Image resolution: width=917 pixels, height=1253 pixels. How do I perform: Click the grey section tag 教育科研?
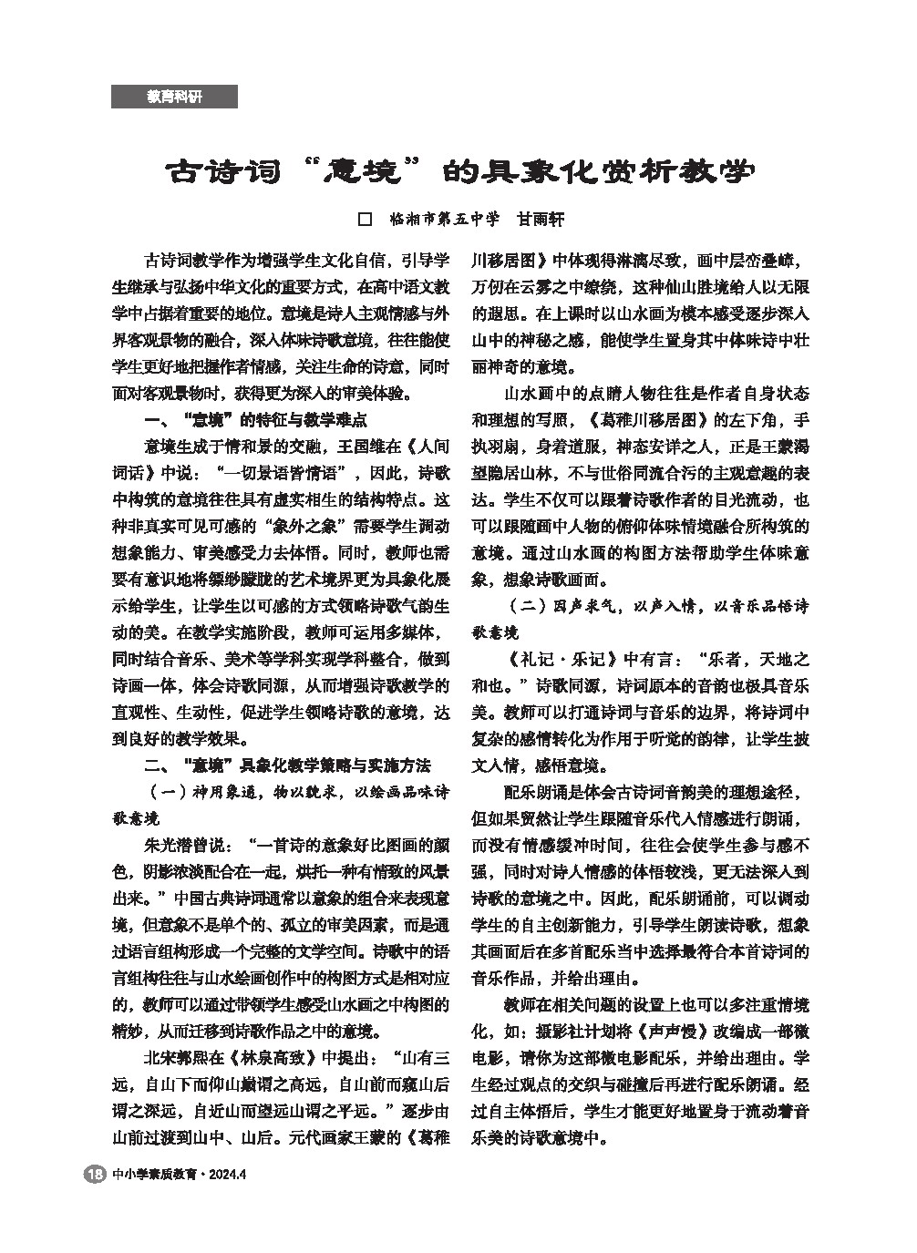(x=174, y=97)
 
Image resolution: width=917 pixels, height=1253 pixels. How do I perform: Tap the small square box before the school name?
(x=366, y=220)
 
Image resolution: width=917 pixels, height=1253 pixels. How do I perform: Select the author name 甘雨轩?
(x=541, y=220)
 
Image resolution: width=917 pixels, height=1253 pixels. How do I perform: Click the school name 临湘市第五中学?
(x=445, y=220)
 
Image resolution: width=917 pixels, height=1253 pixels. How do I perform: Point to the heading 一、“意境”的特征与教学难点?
(x=256, y=421)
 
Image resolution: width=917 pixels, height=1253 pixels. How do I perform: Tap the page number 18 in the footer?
(x=94, y=1175)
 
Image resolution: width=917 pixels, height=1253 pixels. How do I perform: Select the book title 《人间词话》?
(x=428, y=447)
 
